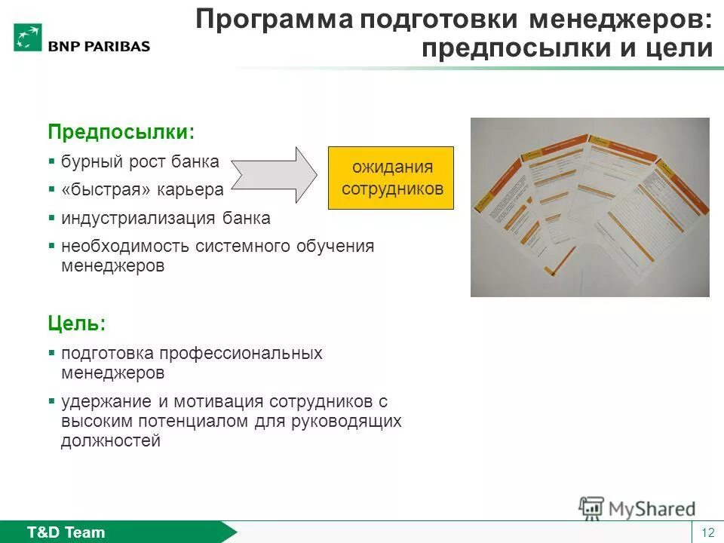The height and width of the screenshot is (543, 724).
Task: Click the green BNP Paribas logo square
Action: tap(27, 37)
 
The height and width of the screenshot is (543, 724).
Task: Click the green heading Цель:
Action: tap(77, 324)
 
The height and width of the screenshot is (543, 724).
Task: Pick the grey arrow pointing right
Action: tap(275, 174)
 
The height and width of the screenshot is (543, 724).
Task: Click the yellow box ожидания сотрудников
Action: tap(391, 177)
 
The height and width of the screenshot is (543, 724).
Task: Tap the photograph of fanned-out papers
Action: tap(590, 207)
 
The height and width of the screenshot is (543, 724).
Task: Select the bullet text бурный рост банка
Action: tap(140, 161)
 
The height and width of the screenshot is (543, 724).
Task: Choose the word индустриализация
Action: tap(140, 219)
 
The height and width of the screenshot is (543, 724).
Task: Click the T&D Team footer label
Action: tap(66, 532)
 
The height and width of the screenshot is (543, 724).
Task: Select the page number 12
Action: tap(707, 533)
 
